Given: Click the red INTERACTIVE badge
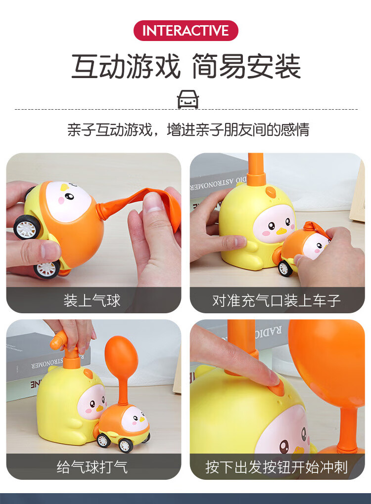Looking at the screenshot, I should [x=185, y=31].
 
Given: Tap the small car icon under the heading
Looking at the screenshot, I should [x=187, y=99].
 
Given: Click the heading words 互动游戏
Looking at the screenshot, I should [x=126, y=67].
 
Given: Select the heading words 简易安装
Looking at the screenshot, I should [x=246, y=67].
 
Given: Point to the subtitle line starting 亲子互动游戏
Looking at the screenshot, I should [x=188, y=129].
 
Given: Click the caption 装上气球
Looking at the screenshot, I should [x=92, y=300].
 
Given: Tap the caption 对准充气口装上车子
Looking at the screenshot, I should [x=277, y=300].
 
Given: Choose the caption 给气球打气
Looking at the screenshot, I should [x=92, y=466].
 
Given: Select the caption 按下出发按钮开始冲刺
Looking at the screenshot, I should [x=277, y=466].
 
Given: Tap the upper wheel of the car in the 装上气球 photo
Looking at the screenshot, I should [x=27, y=228].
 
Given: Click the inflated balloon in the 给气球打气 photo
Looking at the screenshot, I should [x=121, y=357].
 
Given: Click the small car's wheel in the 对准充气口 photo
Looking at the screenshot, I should [x=285, y=268].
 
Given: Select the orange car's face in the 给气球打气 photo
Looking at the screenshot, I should [x=133, y=420].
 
